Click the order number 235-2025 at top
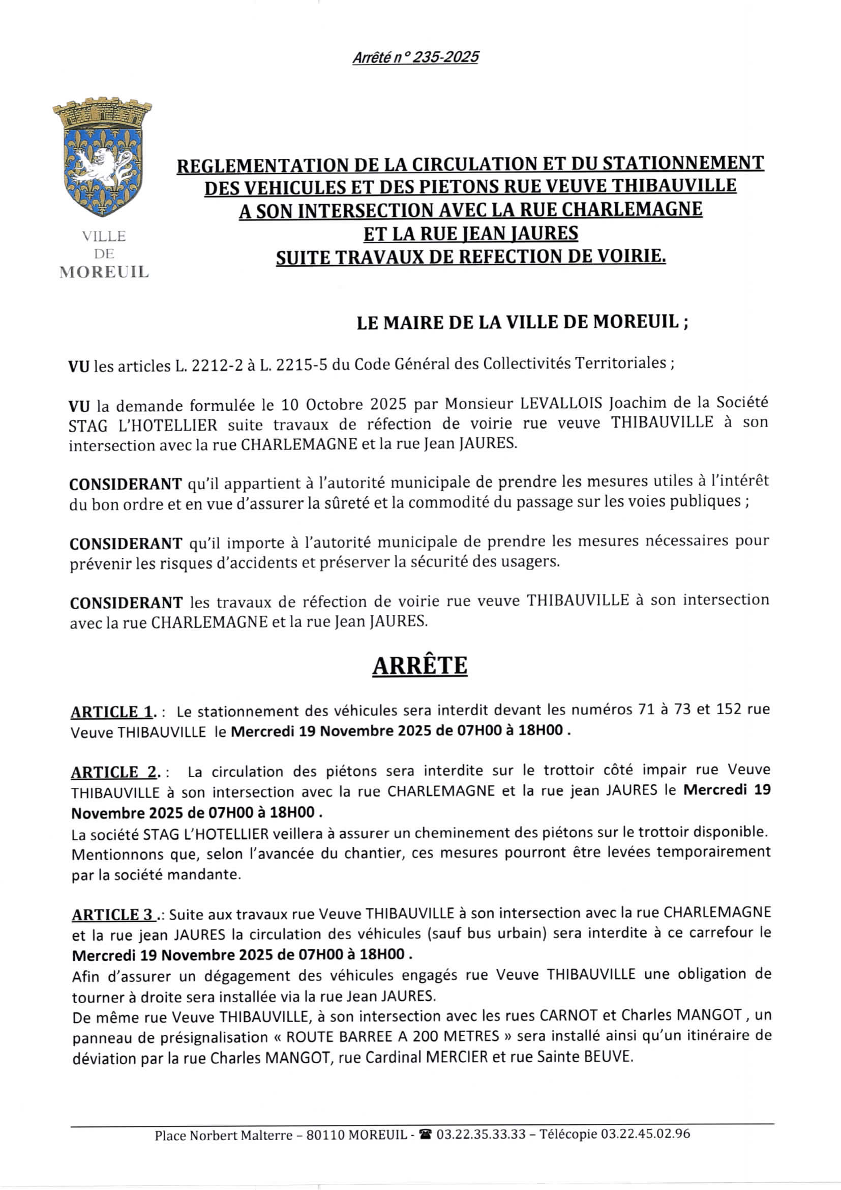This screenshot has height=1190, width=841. tap(444, 57)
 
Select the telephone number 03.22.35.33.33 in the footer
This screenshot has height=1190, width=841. tap(480, 1134)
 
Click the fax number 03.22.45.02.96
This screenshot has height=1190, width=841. tap(645, 1134)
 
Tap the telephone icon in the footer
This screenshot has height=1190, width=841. tap(425, 1135)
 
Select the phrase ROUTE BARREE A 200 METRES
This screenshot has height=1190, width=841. tap(392, 1037)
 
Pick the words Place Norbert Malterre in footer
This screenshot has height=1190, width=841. tap(224, 1136)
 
